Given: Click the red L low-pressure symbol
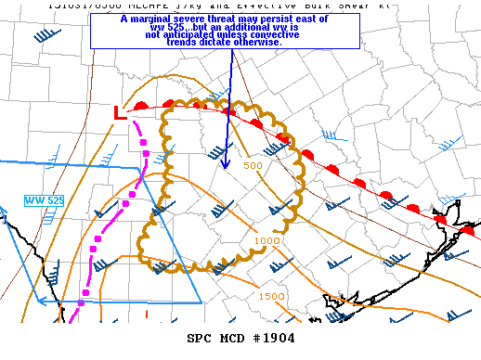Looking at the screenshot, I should point(117,113).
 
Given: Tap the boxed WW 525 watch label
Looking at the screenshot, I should point(45,200).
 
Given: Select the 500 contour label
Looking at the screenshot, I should point(253,165).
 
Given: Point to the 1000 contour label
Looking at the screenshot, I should point(266,240).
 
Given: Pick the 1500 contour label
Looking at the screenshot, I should point(272,296).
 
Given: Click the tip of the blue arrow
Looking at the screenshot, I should point(226,167).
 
